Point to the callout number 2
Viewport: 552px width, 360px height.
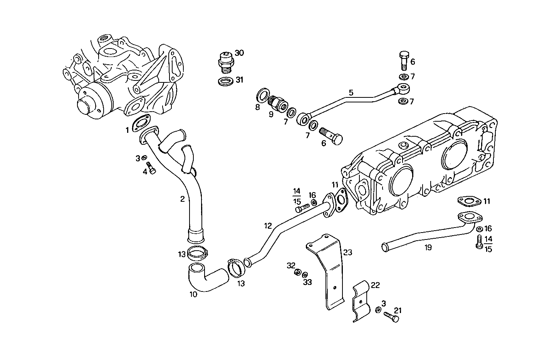click(182, 199)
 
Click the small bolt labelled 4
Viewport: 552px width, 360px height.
click(151, 168)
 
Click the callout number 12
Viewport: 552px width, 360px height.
click(268, 225)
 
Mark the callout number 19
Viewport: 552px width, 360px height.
click(428, 248)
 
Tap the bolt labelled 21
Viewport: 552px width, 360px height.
click(391, 317)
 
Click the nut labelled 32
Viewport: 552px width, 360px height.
click(297, 273)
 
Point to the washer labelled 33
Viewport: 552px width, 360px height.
click(305, 275)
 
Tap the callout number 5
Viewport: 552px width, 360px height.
click(351, 92)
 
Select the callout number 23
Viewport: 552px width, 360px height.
click(347, 253)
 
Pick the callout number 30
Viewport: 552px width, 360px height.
click(239, 53)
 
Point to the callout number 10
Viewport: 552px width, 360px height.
click(193, 295)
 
